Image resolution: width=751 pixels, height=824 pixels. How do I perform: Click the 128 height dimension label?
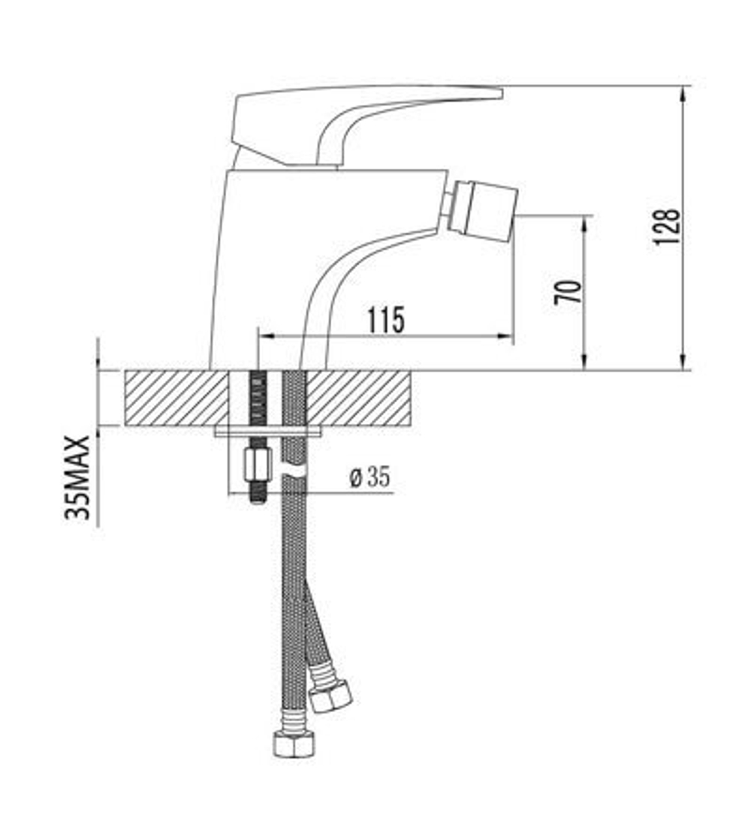coord(667,226)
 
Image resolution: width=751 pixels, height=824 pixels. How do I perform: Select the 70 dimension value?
coord(568,291)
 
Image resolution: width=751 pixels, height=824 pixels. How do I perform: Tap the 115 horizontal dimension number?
coord(387,320)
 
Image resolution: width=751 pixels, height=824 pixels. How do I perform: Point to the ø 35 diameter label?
coord(369,477)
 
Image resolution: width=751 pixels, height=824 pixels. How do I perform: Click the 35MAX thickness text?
coord(78,477)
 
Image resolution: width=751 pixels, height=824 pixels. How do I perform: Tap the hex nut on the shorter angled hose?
coord(330,697)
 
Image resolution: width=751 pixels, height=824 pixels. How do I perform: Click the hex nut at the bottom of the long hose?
coord(294,743)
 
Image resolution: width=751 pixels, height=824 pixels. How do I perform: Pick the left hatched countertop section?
coord(176,398)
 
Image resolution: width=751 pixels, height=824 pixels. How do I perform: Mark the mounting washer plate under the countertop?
coord(267,431)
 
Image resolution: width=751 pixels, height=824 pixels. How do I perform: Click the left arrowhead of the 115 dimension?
coord(264,336)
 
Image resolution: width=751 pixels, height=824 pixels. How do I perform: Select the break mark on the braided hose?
coord(294,471)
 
